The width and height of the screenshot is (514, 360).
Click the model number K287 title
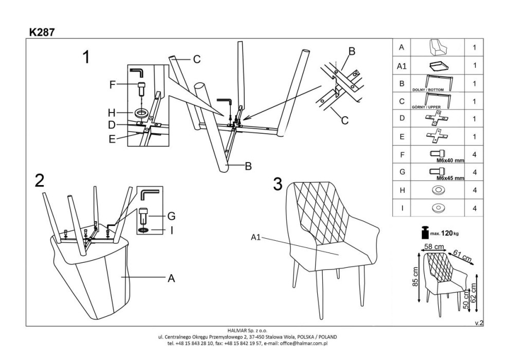pos(42,31)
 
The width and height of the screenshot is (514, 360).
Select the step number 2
pos(39,181)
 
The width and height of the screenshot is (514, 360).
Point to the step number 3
pos(278,184)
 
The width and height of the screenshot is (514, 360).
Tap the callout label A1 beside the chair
pos(257,237)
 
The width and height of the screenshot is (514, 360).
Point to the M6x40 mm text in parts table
pos(450,160)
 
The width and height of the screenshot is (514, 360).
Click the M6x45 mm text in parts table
pos(450,178)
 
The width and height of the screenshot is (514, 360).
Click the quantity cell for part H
pos(474,190)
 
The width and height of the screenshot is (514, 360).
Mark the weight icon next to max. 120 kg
pos(425,233)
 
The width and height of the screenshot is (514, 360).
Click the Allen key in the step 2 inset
pos(150,194)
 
